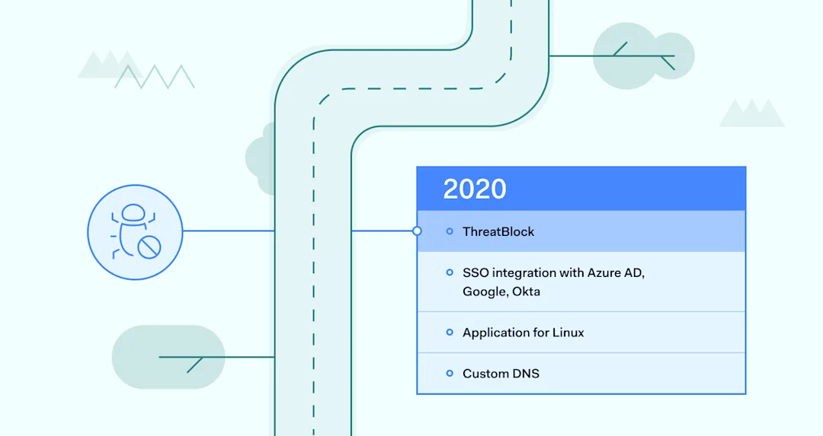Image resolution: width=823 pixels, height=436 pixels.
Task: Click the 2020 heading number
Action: pos(475,189)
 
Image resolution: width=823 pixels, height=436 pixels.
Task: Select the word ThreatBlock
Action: pos(498,231)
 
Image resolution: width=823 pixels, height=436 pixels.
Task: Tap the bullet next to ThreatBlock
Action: pos(450,231)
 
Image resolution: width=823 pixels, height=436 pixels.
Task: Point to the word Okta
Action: pos(526,291)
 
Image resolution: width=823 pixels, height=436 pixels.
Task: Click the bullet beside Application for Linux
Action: pos(450,333)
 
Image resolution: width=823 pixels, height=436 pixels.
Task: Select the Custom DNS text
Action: pos(501,374)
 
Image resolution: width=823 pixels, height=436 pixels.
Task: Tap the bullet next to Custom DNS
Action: pos(450,373)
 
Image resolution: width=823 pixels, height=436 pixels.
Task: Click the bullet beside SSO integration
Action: pos(450,272)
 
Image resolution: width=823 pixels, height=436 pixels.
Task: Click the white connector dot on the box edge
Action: pos(417,231)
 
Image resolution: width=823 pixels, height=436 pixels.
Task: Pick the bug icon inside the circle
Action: pos(135,231)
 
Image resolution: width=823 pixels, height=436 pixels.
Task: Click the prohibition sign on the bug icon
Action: pos(149,247)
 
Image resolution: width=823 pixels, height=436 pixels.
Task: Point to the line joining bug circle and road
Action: pos(229,231)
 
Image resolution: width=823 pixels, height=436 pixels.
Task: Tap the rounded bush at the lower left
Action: pos(168,357)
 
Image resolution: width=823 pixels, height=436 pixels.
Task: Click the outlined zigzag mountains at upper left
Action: pos(154,77)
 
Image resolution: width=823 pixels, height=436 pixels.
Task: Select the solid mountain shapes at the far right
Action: pos(751,113)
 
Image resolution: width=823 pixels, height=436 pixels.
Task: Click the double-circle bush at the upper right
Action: pos(643,56)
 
